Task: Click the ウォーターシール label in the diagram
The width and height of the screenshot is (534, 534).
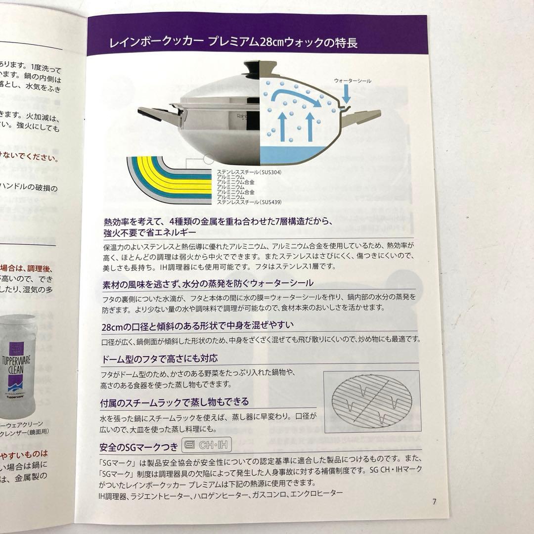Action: [x=352, y=80]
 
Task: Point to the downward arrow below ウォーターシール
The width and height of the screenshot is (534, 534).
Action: [x=346, y=93]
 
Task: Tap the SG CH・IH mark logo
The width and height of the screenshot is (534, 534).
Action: [x=206, y=445]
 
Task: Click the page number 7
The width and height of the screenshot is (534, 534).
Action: [x=434, y=501]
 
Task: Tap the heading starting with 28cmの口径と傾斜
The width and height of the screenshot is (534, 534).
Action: [x=198, y=325]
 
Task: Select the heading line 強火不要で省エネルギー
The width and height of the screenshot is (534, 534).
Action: [x=143, y=232]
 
